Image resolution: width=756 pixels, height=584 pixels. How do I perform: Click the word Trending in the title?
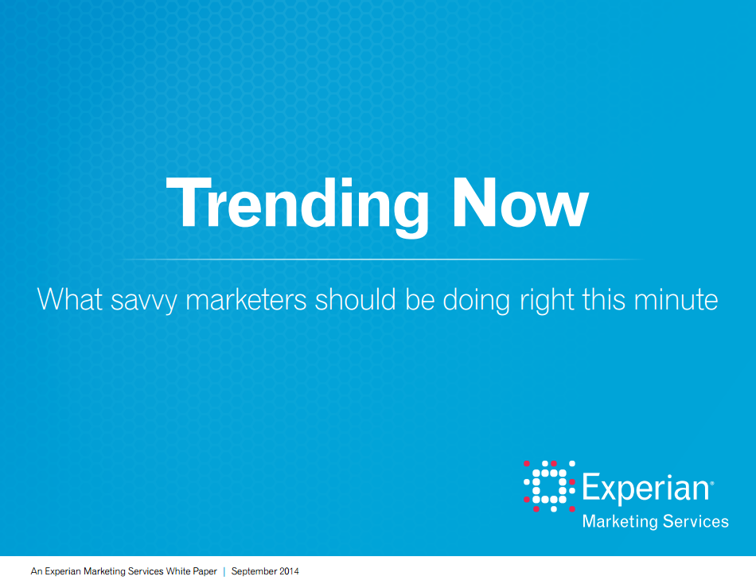pyautogui.click(x=298, y=206)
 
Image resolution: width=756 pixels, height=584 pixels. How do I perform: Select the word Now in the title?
pyautogui.click(x=520, y=203)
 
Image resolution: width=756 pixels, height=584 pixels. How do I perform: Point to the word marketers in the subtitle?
pyautogui.click(x=247, y=299)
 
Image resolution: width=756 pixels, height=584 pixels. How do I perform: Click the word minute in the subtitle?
pyautogui.click(x=676, y=299)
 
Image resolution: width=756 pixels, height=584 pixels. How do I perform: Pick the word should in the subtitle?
pyautogui.click(x=356, y=299)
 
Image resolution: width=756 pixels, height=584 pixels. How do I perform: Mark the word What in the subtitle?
pyautogui.click(x=70, y=299)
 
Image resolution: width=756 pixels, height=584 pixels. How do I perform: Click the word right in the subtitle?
pyautogui.click(x=547, y=301)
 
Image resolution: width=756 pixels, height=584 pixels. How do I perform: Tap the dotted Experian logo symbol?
pyautogui.click(x=549, y=486)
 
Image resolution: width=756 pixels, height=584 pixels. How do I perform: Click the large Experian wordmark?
pyautogui.click(x=646, y=489)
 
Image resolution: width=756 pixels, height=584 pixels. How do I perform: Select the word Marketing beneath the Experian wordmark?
pyautogui.click(x=620, y=522)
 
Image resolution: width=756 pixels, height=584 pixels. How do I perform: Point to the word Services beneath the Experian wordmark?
pyautogui.click(x=696, y=521)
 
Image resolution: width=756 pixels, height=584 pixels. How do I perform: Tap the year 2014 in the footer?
pyautogui.click(x=290, y=571)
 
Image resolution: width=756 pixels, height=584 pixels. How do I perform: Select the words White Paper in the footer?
pyautogui.click(x=192, y=571)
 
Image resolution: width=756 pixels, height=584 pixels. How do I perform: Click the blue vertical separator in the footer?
pyautogui.click(x=224, y=571)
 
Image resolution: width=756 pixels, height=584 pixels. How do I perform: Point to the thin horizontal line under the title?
pyautogui.click(x=382, y=259)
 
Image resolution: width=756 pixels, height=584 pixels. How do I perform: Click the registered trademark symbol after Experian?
pyautogui.click(x=712, y=482)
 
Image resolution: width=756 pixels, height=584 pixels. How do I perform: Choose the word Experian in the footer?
pyautogui.click(x=63, y=571)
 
